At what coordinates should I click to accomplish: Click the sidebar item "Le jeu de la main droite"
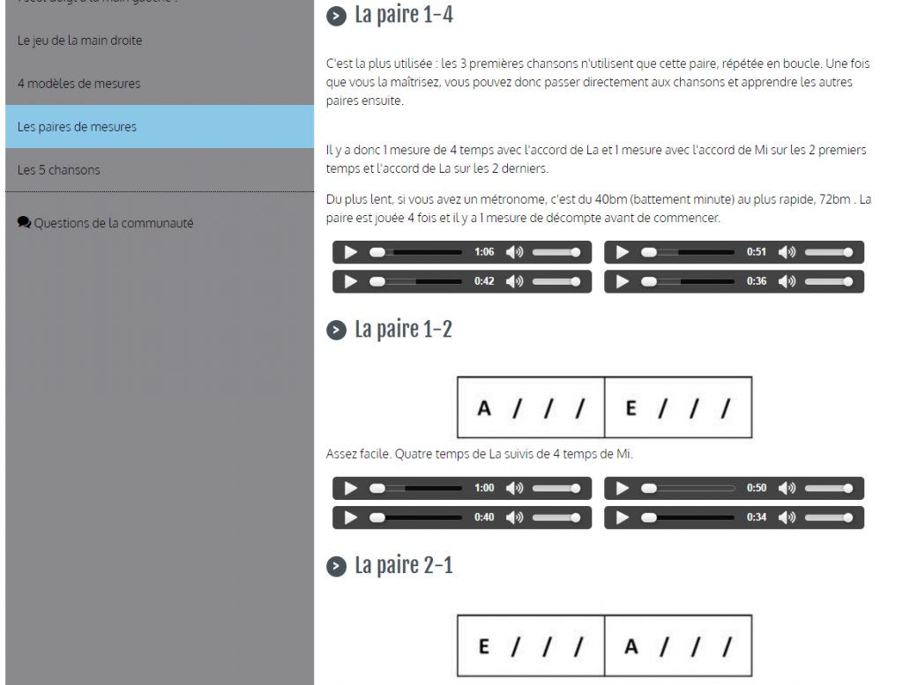click(x=79, y=41)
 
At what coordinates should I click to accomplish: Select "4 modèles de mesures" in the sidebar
click(x=78, y=84)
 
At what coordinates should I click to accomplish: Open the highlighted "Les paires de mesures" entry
click(x=78, y=127)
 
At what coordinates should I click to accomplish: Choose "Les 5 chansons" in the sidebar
click(x=59, y=170)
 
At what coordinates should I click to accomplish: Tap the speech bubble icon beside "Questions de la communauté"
click(x=24, y=222)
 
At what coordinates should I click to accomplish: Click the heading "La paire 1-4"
click(x=404, y=15)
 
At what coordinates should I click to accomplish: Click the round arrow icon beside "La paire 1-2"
click(x=336, y=331)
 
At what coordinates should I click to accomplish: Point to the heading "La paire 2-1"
click(x=404, y=566)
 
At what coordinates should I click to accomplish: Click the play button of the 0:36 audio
click(x=623, y=281)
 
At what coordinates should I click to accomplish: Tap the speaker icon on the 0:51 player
click(x=787, y=252)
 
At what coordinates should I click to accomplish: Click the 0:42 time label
click(x=484, y=281)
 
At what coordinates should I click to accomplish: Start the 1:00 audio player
click(x=350, y=488)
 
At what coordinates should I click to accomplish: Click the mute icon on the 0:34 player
click(x=787, y=517)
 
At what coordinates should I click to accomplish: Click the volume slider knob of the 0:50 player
click(x=847, y=488)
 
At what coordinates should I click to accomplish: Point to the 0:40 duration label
click(x=484, y=517)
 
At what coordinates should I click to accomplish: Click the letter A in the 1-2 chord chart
click(x=484, y=408)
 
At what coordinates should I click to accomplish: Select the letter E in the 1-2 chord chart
click(x=631, y=408)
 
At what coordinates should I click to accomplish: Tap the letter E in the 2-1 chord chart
click(x=484, y=646)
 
